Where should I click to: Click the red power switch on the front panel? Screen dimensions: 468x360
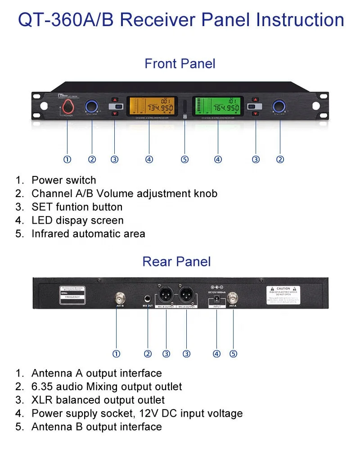67,107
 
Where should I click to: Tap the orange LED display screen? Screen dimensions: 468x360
149,107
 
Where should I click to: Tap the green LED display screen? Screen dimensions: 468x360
218,107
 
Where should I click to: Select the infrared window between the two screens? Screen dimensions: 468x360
184,108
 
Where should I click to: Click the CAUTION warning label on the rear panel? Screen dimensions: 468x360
283,294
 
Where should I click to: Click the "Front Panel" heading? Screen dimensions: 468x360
180,64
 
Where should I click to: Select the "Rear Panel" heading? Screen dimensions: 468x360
176,261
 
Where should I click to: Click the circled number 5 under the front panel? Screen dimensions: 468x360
184,159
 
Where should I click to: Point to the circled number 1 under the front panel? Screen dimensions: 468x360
67,159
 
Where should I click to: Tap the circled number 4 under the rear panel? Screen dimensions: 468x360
217,354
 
